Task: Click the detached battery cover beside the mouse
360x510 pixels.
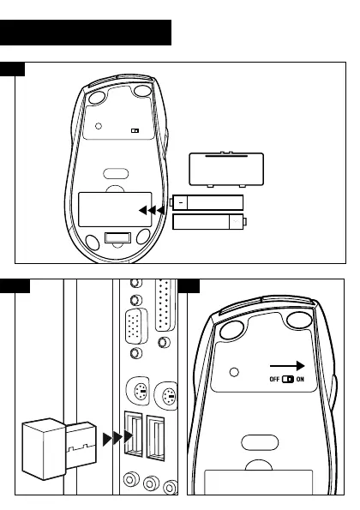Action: (226, 169)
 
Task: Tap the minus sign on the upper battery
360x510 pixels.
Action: (181, 203)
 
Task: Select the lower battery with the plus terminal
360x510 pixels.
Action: (209, 222)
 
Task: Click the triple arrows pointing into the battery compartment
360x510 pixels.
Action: (152, 211)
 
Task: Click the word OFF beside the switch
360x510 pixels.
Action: (274, 379)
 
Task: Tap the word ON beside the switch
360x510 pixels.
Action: (300, 379)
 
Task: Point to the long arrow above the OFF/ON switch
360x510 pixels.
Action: (287, 366)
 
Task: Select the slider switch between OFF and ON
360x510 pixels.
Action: (288, 379)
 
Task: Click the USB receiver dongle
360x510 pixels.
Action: (59, 449)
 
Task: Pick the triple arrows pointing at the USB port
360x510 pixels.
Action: (117, 438)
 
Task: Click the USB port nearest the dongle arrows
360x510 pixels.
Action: (134, 434)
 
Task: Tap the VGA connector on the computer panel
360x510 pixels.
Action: (136, 327)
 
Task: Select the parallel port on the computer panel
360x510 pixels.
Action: (165, 305)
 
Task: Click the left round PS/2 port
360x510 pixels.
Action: (138, 391)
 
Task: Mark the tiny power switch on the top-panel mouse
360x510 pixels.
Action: (135, 130)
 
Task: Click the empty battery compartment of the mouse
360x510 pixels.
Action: (115, 209)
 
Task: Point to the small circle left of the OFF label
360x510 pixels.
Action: (234, 372)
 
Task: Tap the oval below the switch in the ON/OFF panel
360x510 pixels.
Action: (260, 442)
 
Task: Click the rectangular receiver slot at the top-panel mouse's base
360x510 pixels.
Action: (117, 237)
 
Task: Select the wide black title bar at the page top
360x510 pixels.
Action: (86, 33)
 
